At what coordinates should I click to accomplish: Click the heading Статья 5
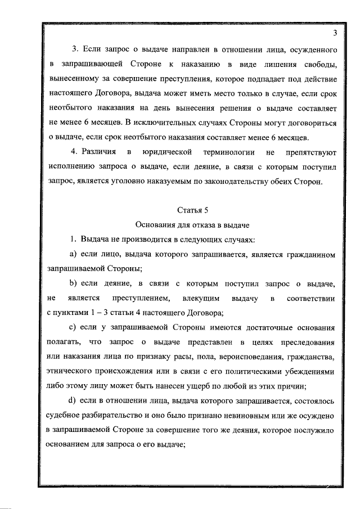pos(193,211)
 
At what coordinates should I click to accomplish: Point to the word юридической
pos(164,152)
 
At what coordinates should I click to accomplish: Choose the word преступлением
pos(142,297)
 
